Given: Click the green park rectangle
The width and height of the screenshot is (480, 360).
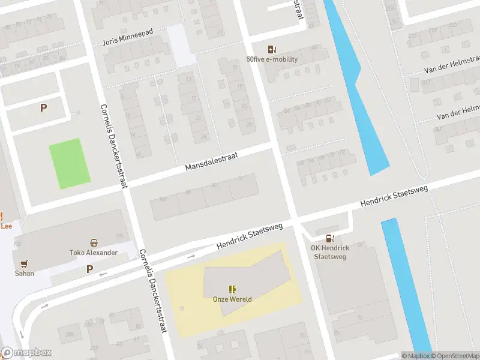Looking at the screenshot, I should tap(70, 163).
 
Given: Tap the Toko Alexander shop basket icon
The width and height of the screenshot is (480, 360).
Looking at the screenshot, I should tap(94, 242).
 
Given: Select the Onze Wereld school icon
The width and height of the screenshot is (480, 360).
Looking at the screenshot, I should tap(232, 289).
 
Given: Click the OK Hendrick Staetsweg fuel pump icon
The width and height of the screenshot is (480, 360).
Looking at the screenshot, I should tap(329, 238).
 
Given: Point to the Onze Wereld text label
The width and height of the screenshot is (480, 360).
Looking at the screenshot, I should tap(232, 299).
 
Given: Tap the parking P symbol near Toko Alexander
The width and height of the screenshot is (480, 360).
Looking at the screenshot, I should tap(89, 269).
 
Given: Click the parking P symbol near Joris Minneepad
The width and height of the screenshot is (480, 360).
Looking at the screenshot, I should tap(43, 108).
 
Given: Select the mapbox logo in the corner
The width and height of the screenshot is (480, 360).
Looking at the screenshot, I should tap(26, 353).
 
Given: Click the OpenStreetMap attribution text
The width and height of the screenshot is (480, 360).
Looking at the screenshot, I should tap(454, 356).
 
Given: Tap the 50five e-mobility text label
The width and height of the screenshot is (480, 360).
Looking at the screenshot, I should tap(272, 59).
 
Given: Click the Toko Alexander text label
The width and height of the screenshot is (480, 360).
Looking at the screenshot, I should tap(93, 253).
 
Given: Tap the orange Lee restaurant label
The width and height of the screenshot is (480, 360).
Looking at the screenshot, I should tap(6, 226).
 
